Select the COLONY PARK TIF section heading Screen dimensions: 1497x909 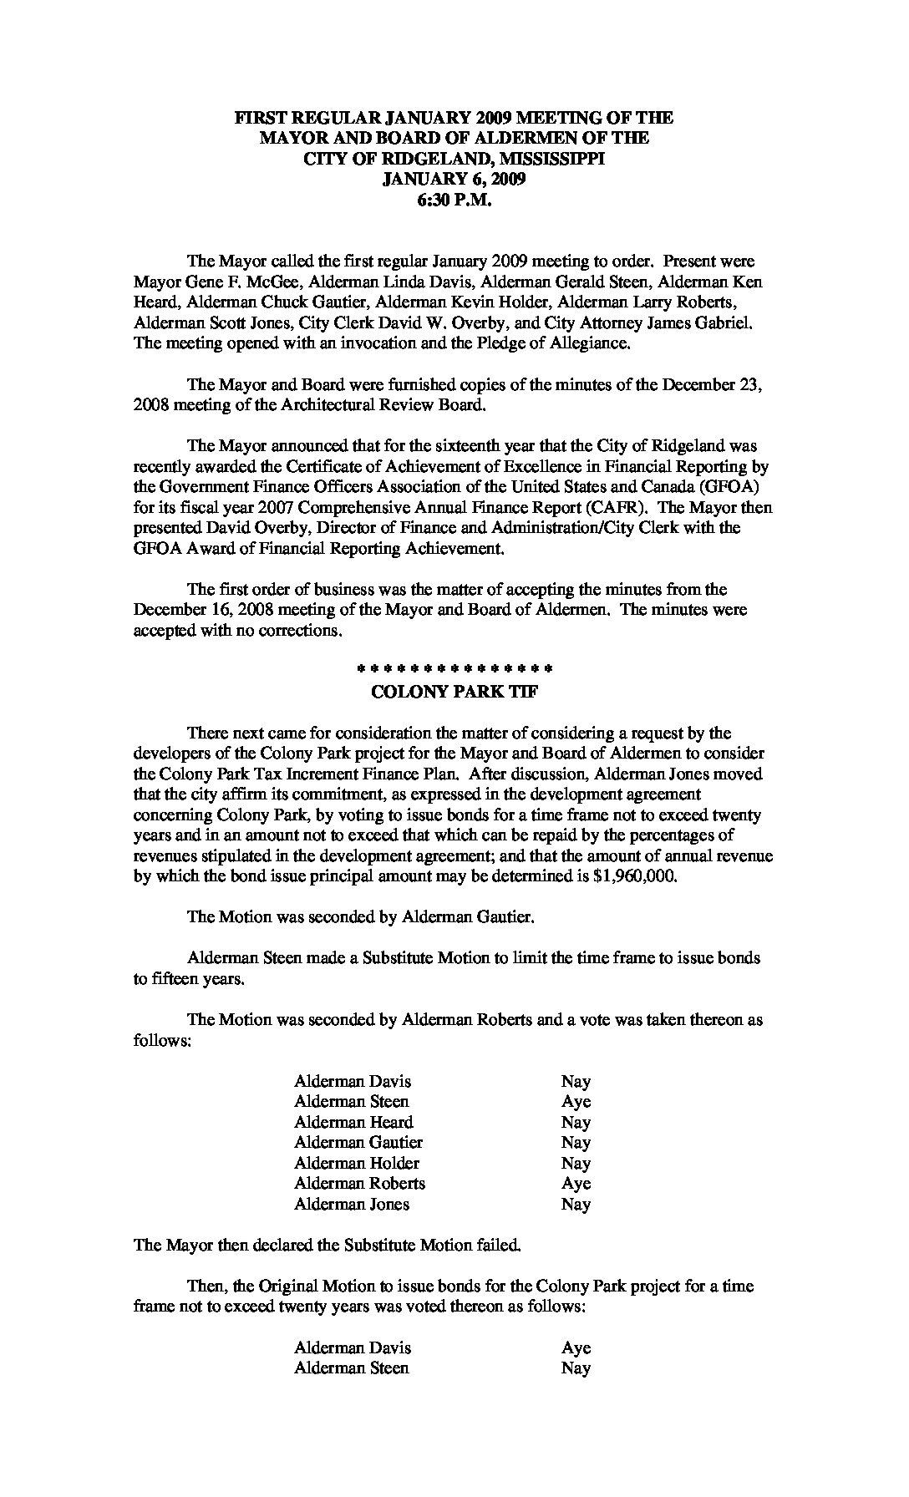click(x=454, y=692)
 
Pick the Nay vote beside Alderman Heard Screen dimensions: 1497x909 click(x=576, y=1122)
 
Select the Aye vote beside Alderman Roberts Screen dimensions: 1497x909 click(x=576, y=1183)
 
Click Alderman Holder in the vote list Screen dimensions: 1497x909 click(x=357, y=1163)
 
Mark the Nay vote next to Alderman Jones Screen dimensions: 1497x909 click(x=576, y=1204)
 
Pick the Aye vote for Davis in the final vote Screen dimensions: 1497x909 click(x=576, y=1347)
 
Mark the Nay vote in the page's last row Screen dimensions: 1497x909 click(x=576, y=1368)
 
